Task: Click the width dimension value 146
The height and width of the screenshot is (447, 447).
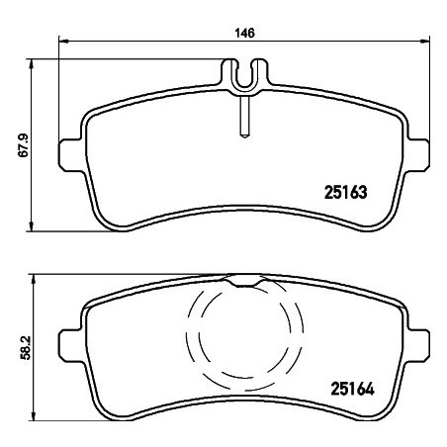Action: [x=245, y=33]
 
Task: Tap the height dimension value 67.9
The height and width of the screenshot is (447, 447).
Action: [x=24, y=145]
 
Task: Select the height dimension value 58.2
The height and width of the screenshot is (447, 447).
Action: [x=25, y=347]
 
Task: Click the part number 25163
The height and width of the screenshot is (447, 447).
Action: [x=345, y=192]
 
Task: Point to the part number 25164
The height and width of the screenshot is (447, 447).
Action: [x=352, y=389]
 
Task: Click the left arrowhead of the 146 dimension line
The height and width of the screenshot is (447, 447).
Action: [x=63, y=42]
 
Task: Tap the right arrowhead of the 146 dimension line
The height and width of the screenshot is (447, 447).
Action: [x=425, y=41]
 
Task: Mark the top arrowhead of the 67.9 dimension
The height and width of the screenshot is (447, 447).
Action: [x=32, y=64]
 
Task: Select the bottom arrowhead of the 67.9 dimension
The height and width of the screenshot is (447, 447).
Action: [x=32, y=226]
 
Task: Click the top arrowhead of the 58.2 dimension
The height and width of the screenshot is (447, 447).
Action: [x=33, y=279]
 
